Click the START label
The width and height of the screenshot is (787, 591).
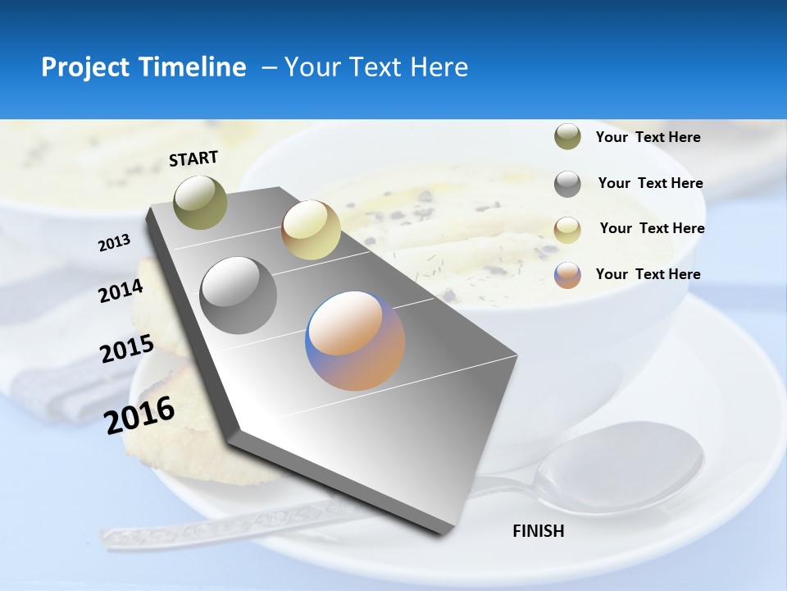193,158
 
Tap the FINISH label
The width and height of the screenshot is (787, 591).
538,531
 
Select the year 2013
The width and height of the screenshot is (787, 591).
114,243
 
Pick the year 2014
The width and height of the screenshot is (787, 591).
121,291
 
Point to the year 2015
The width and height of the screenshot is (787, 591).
126,349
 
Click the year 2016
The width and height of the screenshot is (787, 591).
139,415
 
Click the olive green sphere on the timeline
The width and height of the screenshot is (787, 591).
200,202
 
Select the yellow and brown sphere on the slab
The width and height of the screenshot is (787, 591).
311,230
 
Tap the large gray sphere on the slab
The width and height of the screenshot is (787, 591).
238,295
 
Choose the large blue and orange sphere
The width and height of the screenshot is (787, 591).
355,341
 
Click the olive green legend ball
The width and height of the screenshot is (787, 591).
567,137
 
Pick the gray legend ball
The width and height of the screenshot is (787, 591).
567,184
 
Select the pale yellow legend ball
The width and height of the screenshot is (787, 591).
567,230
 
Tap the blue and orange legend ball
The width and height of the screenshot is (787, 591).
567,275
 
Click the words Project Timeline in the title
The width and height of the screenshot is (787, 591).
143,67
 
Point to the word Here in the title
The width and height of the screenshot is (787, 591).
439,67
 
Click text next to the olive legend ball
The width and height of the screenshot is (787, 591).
648,137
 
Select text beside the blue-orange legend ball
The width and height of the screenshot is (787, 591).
648,274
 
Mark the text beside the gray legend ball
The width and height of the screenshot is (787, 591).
650,183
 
